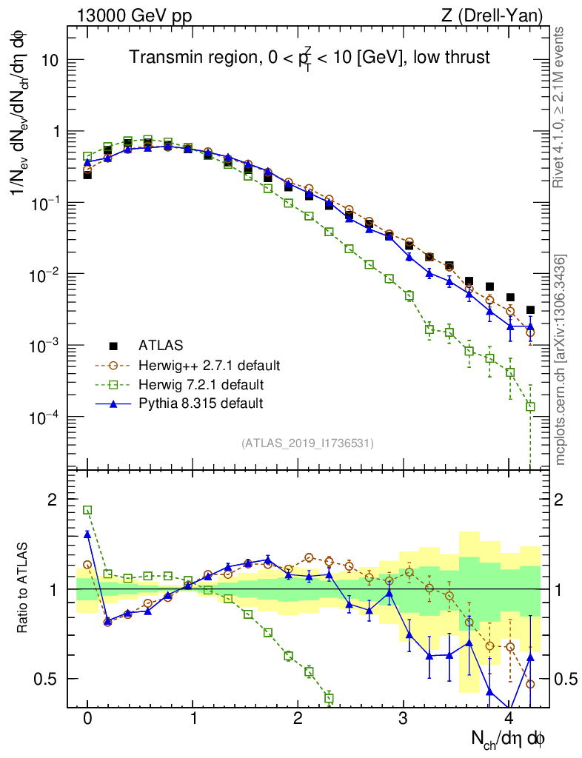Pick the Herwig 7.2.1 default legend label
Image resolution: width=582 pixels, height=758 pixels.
(201, 384)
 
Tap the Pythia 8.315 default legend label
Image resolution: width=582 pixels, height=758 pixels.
(201, 403)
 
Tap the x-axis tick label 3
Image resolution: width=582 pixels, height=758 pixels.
(404, 719)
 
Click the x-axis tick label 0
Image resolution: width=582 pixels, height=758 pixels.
(87, 719)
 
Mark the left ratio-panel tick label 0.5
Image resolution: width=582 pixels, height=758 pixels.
(48, 679)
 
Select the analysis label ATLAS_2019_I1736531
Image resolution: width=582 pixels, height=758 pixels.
(307, 443)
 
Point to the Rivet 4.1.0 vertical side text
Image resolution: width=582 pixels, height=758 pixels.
(561, 107)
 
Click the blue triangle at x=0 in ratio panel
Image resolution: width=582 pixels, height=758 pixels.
(87, 534)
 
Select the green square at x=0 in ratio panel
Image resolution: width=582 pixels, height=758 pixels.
(87, 510)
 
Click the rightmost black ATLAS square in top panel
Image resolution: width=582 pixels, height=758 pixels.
(530, 310)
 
